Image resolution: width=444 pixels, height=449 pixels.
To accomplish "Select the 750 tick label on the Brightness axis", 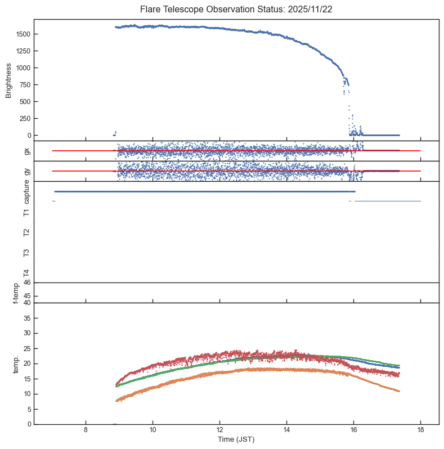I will [24, 85].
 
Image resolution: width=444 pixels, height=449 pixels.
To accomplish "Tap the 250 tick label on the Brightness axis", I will [24, 119].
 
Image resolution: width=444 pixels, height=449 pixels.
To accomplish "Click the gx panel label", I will [26, 151].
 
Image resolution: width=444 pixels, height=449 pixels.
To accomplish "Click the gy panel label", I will [26, 171].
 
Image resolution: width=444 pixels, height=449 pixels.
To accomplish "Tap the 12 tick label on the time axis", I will [219, 431].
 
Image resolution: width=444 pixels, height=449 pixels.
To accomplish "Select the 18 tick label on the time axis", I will [420, 431].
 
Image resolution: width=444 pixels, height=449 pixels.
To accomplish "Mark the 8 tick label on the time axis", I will [86, 431].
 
